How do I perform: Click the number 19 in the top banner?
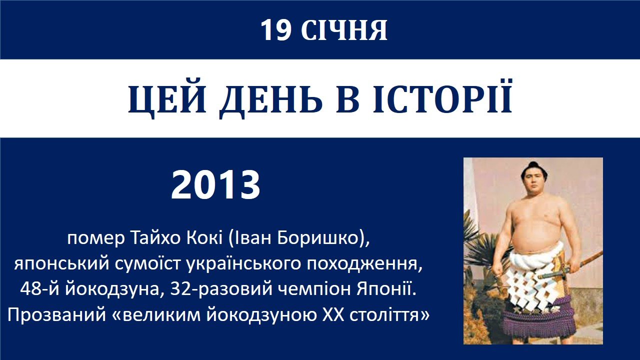point(275,30)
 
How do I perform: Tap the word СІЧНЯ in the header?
point(344,30)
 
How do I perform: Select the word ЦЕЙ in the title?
point(167,99)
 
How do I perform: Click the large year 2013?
point(215,184)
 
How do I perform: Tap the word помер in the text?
point(96,238)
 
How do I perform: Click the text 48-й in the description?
point(39,289)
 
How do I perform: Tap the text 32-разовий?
point(221,289)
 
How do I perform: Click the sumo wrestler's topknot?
point(532,165)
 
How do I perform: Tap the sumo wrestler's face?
point(533,180)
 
